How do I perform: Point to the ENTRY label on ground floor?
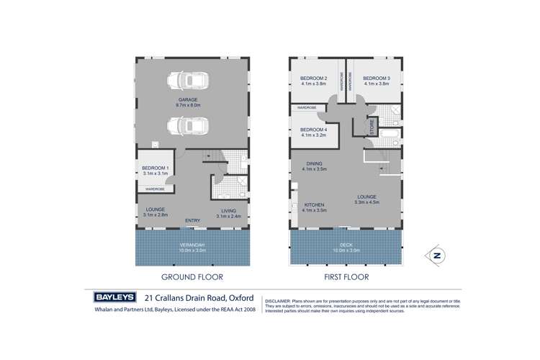pyautogui.click(x=192, y=220)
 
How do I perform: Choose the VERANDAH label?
pyautogui.click(x=192, y=245)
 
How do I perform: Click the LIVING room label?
pyautogui.click(x=228, y=210)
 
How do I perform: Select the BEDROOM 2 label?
pyautogui.click(x=314, y=78)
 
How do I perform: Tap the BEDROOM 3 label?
pyautogui.click(x=376, y=78)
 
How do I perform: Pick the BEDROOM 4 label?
pyautogui.click(x=314, y=130)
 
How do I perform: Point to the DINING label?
pyautogui.click(x=314, y=163)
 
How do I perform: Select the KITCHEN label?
pyautogui.click(x=315, y=204)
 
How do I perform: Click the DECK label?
pyautogui.click(x=345, y=245)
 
